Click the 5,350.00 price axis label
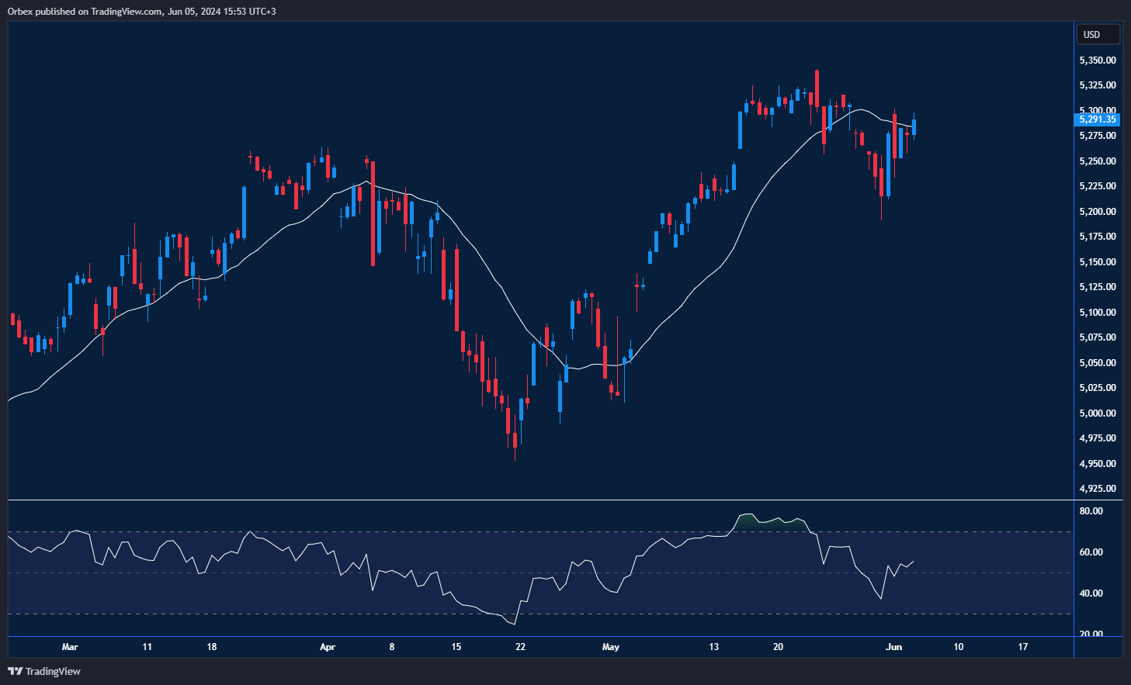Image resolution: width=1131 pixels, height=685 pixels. coord(1098,61)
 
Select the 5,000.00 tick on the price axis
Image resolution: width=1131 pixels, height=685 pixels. coord(1098,413)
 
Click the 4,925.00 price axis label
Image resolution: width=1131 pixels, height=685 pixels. coord(1098,489)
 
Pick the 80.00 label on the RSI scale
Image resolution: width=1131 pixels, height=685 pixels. coord(1091,511)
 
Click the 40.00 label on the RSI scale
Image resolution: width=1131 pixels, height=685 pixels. coord(1091,593)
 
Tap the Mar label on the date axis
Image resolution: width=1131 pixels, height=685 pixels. coord(70,647)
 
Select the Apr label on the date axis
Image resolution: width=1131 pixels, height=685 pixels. coord(328,647)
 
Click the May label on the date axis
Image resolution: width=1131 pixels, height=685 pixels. coord(611,647)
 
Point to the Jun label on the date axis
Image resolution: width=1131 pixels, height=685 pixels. coord(894,647)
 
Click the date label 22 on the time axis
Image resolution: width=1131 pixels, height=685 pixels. coord(520,647)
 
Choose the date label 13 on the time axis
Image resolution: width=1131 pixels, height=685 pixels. coord(714,647)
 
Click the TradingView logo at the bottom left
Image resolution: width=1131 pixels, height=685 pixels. coord(44,671)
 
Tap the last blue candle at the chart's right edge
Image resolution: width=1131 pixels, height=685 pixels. coord(914,126)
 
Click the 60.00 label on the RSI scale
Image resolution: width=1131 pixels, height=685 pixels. coord(1091,552)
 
